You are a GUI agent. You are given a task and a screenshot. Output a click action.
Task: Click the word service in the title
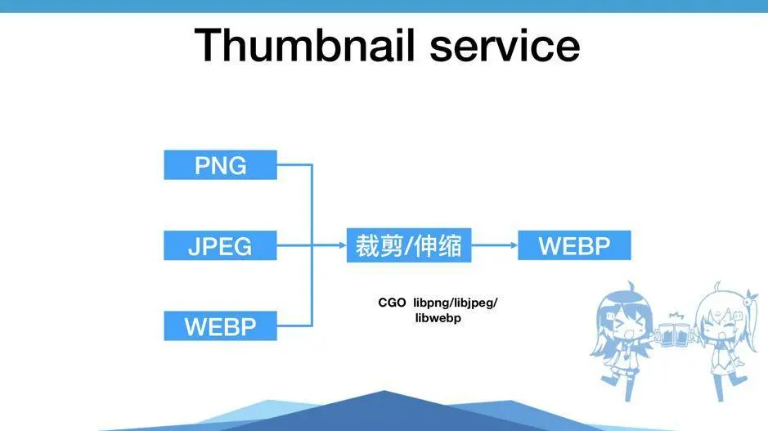click(x=505, y=46)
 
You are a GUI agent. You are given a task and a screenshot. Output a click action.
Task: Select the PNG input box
click(x=220, y=165)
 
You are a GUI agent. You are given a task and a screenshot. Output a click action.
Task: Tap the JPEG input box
click(x=220, y=246)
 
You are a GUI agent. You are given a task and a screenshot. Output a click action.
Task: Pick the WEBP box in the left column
click(x=220, y=326)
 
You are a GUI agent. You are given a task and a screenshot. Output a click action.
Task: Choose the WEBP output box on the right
click(x=574, y=246)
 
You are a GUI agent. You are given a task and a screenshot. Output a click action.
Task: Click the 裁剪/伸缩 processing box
click(x=409, y=246)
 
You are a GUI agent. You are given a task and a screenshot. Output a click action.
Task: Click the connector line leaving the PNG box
click(x=294, y=165)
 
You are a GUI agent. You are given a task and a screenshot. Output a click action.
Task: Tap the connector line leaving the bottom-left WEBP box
click(x=294, y=326)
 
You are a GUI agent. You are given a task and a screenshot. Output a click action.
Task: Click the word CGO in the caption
click(x=392, y=303)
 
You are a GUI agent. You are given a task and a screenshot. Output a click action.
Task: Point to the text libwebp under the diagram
click(x=438, y=318)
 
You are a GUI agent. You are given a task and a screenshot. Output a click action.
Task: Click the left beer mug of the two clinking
click(x=669, y=331)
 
